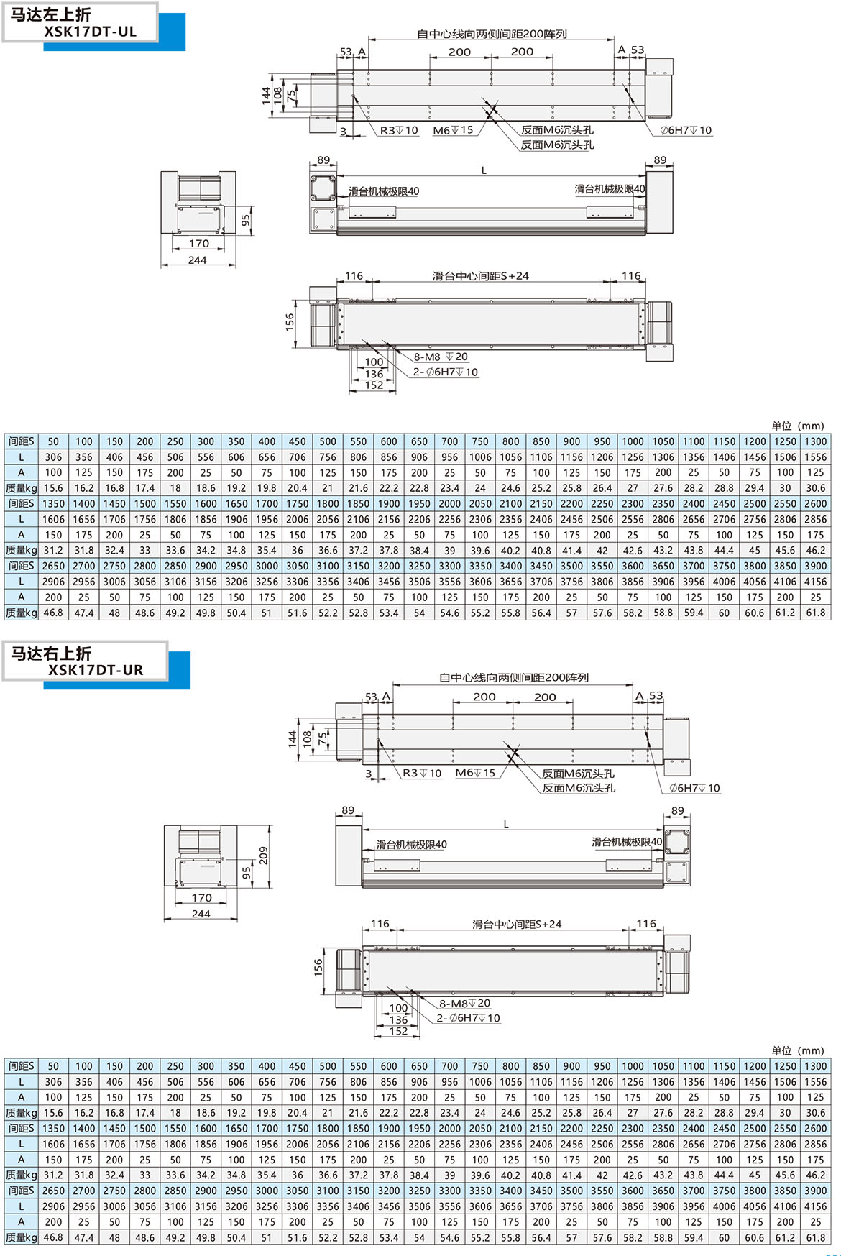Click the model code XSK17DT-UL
(90, 32)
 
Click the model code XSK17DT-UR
(96, 670)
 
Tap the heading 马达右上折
(50, 653)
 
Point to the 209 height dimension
(263, 855)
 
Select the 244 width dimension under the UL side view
(198, 260)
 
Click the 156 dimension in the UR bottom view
(318, 967)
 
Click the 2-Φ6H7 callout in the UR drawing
(468, 1018)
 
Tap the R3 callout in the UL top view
(399, 130)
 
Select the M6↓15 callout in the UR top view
(475, 773)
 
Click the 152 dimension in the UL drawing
(374, 385)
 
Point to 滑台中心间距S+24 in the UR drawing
(516, 924)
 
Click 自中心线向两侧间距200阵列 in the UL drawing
(492, 34)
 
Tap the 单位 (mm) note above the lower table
(797, 1050)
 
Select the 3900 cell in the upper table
(815, 566)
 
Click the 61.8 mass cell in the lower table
(815, 1237)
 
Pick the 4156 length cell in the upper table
(815, 582)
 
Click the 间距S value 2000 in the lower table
(449, 1128)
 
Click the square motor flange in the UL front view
(323, 188)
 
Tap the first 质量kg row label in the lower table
(21, 1113)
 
